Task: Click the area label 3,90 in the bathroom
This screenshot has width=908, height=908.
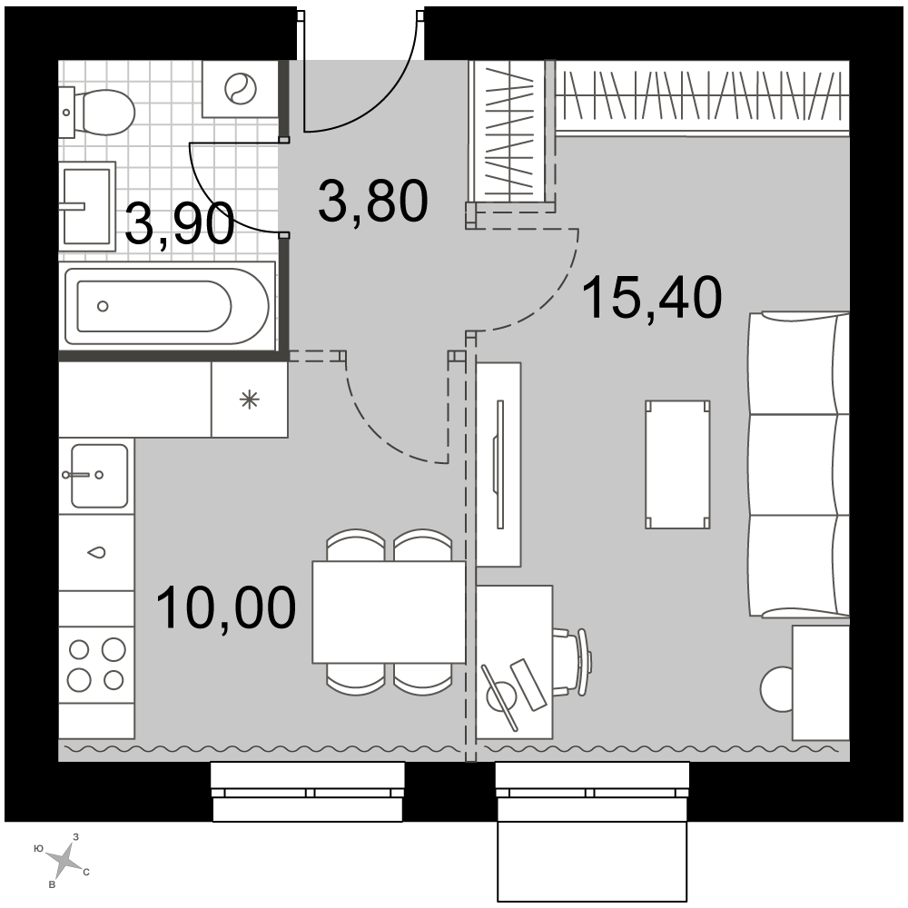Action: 180,224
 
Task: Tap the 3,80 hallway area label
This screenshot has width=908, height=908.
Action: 373,202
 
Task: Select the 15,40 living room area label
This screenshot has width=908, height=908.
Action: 653,297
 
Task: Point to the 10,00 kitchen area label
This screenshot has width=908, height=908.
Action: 226,607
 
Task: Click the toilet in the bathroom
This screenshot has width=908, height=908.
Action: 97,113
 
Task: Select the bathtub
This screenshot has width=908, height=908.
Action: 167,306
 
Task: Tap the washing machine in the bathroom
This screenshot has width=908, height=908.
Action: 241,89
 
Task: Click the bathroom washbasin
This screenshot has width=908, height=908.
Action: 87,206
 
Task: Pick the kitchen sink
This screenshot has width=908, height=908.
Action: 99,476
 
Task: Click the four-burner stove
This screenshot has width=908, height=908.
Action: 97,665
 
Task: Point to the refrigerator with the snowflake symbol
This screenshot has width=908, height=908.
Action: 250,400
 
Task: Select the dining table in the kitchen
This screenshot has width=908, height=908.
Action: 389,611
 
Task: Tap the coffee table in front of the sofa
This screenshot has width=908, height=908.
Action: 677,464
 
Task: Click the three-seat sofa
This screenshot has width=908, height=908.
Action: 799,464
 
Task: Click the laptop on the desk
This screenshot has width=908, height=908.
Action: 528,684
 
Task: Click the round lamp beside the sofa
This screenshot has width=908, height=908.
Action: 776,686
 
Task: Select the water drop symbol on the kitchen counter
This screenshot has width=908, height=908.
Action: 97,552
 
